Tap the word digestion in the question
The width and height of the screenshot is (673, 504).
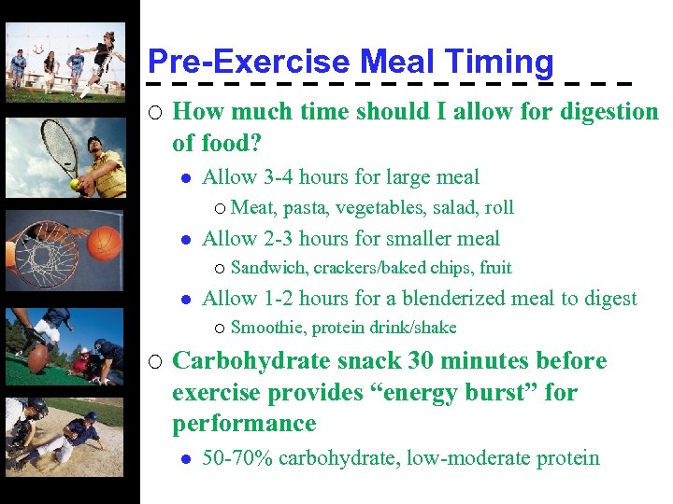tap(609, 112)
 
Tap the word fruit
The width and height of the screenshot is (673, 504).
tap(494, 269)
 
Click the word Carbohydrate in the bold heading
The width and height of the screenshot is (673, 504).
tap(251, 361)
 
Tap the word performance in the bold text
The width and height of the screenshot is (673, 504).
tap(244, 424)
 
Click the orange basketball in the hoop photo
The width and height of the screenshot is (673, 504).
tap(106, 243)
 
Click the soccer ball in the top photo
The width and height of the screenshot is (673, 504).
tap(37, 49)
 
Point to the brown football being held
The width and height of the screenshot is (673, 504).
tap(38, 357)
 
